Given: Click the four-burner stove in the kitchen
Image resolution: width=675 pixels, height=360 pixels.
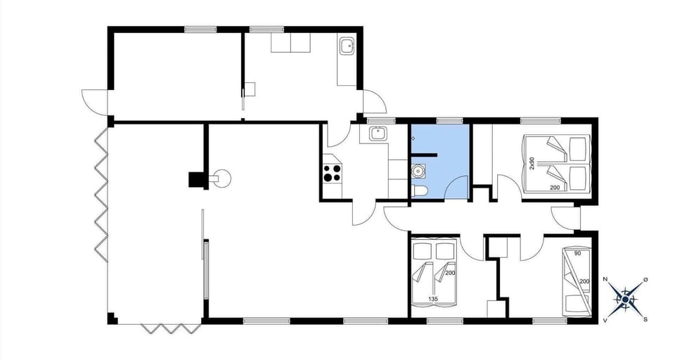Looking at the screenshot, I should point(332,172).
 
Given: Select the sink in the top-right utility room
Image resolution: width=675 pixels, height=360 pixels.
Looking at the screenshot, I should point(347,47).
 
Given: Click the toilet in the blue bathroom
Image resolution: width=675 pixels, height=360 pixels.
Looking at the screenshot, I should point(419,191).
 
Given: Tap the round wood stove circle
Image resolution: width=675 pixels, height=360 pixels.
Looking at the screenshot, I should point(223,177).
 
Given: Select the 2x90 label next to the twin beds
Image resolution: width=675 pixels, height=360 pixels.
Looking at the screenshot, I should point(533,163).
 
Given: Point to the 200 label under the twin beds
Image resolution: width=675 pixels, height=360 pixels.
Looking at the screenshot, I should point(554,188).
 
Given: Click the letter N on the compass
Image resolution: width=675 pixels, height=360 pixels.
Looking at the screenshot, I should point(605,279).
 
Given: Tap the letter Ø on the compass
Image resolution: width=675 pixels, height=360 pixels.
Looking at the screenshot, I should point(645,279).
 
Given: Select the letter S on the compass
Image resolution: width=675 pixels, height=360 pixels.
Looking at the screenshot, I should point(645,319).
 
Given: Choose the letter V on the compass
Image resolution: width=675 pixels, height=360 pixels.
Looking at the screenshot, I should point(605,319).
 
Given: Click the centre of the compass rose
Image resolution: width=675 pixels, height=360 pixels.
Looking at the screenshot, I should point(625,299).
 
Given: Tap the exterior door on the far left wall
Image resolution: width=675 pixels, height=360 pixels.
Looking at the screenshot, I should point(94,102).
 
